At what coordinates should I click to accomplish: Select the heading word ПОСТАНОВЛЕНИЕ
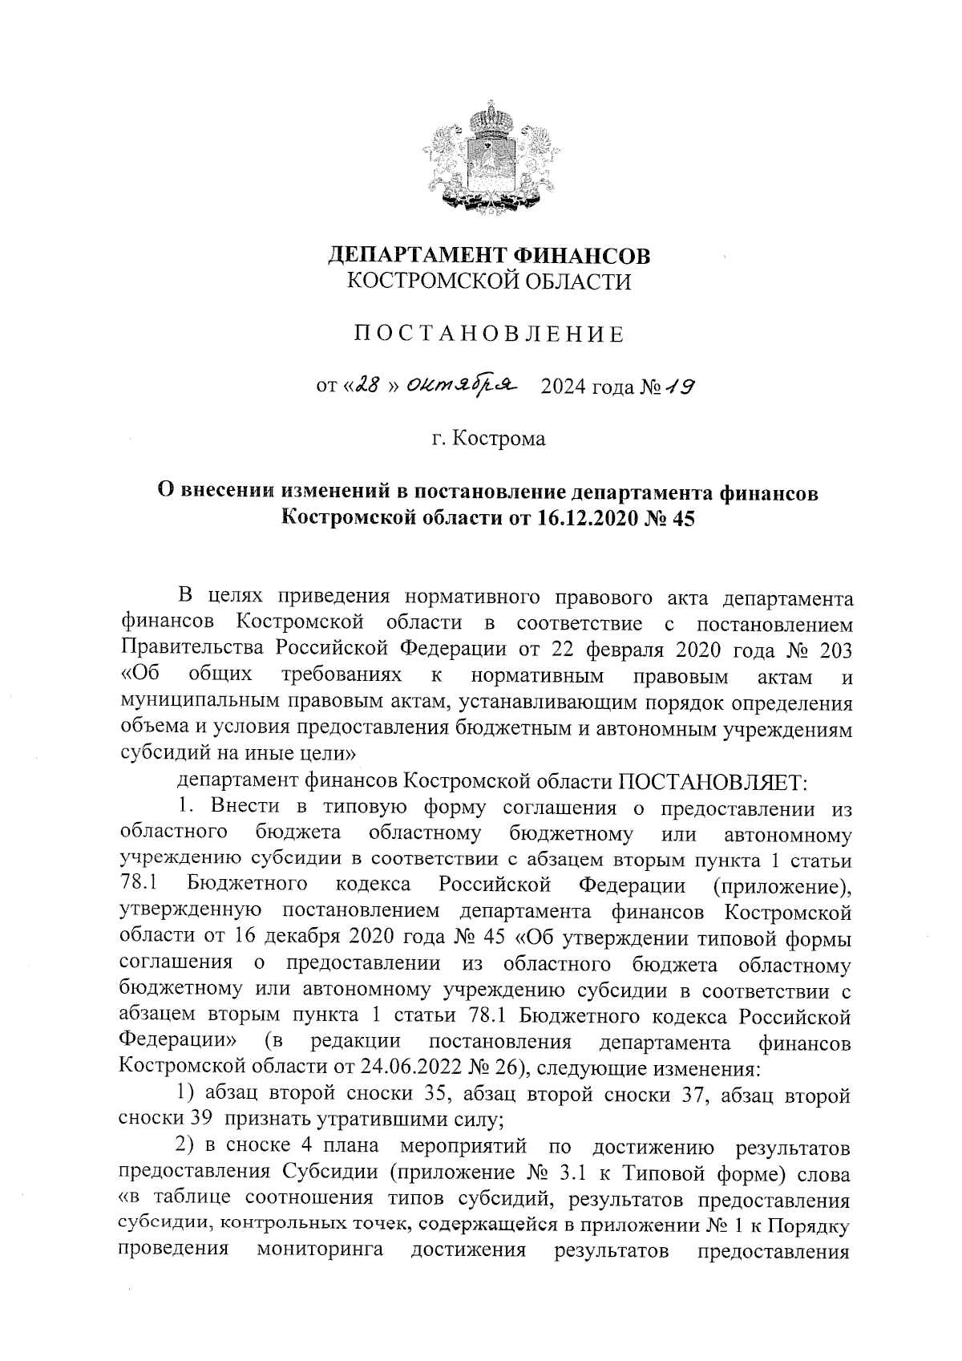pos(489,334)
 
